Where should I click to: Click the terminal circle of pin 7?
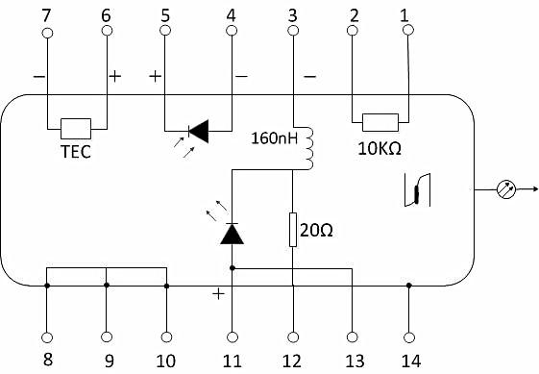click(x=47, y=33)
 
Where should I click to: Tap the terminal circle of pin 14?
click(x=409, y=337)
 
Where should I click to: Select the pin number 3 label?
click(x=292, y=15)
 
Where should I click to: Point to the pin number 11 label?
click(x=233, y=362)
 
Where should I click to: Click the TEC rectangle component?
click(x=76, y=129)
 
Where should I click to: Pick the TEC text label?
click(x=76, y=152)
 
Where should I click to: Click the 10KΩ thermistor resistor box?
click(x=380, y=122)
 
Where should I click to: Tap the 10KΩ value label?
click(x=380, y=149)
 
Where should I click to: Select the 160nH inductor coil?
click(x=309, y=148)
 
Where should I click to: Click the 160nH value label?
click(x=274, y=138)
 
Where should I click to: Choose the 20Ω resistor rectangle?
click(x=293, y=230)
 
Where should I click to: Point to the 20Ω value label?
click(x=316, y=230)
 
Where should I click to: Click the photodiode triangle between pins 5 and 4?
click(x=200, y=131)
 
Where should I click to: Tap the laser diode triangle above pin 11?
click(x=233, y=234)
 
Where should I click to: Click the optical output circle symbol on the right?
click(x=506, y=189)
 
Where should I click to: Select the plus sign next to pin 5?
click(x=156, y=76)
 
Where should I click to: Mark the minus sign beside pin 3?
click(x=310, y=76)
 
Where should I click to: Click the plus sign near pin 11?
click(x=218, y=294)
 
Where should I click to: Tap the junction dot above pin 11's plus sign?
click(x=233, y=267)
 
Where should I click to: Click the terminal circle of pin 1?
click(x=408, y=30)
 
